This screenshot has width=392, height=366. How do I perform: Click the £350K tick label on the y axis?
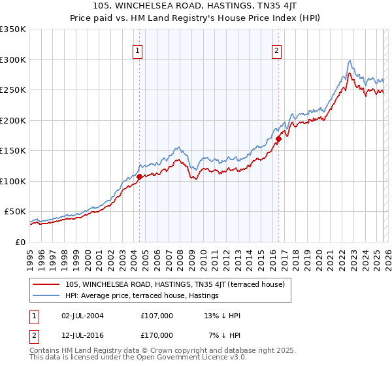coord(13,29)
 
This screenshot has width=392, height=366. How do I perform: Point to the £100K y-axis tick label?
coord(13,181)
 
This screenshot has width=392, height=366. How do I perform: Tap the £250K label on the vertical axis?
coord(13,90)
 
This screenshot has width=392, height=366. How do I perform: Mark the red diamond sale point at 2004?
coord(139,176)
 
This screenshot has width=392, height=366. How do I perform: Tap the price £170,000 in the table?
coord(156,335)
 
